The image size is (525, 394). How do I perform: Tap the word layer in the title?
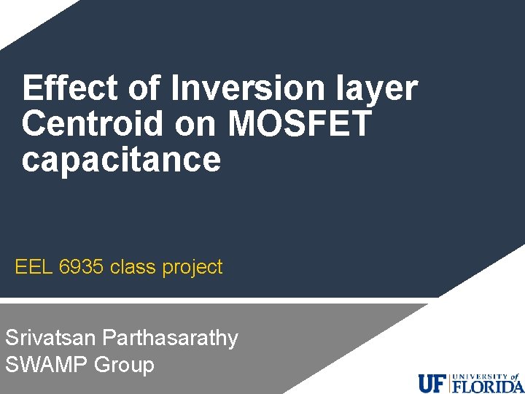pyautogui.click(x=381, y=89)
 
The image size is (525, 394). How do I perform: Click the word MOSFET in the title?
pyautogui.click(x=300, y=124)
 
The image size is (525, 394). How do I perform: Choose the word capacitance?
pyautogui.click(x=121, y=160)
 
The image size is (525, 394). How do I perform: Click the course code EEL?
pyautogui.click(x=34, y=268)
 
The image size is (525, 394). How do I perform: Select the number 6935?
pyautogui.click(x=82, y=268)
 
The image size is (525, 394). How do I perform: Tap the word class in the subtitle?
pyautogui.click(x=133, y=268)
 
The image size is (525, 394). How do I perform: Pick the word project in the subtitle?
pyautogui.click(x=192, y=268)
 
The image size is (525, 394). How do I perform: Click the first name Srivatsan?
pyautogui.click(x=51, y=338)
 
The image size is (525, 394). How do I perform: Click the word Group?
pyautogui.click(x=125, y=364)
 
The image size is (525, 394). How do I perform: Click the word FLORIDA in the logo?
pyautogui.click(x=487, y=385)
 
